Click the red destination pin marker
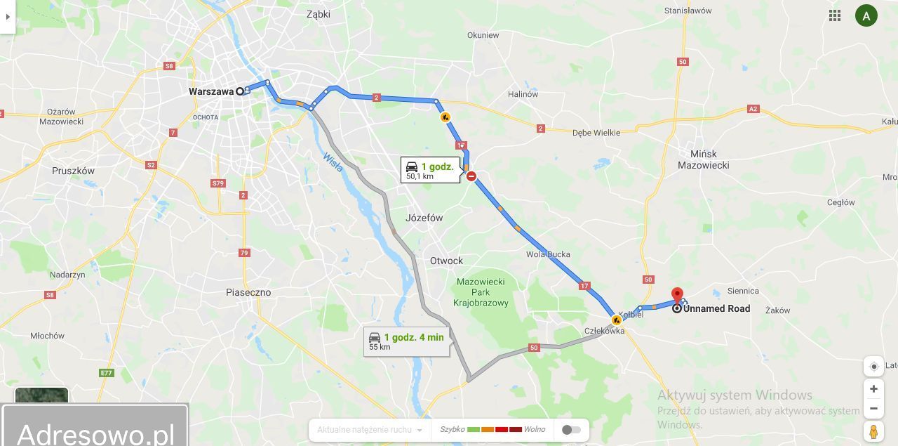click(x=677, y=295)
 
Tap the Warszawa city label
click(x=211, y=91)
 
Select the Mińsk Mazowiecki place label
click(x=703, y=159)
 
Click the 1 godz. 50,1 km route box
click(x=430, y=170)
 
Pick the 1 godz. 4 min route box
click(x=406, y=341)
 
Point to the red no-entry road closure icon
click(x=471, y=176)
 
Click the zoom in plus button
click(x=873, y=388)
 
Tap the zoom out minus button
click(x=873, y=408)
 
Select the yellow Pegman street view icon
click(x=873, y=431)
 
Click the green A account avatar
click(x=866, y=15)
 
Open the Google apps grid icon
click(x=835, y=15)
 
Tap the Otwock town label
click(x=447, y=261)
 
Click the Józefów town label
click(x=424, y=218)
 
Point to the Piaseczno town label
click(x=248, y=292)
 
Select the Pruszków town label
click(x=73, y=171)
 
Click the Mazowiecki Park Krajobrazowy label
click(x=481, y=292)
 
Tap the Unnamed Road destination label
click(x=716, y=308)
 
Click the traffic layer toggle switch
click(x=571, y=430)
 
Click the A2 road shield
click(x=753, y=109)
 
